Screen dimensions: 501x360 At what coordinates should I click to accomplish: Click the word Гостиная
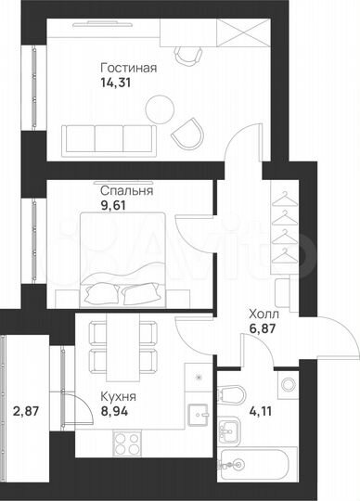(128, 68)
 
